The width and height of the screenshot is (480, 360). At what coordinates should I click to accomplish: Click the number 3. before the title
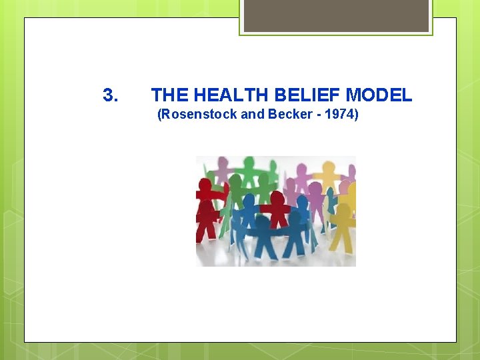pyautogui.click(x=111, y=95)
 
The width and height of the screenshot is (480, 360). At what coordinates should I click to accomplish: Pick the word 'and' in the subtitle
pyautogui.click(x=253, y=115)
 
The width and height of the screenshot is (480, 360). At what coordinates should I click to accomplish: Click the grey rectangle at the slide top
pyautogui.click(x=335, y=15)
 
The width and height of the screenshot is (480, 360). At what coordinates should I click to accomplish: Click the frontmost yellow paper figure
pyautogui.click(x=341, y=223)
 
